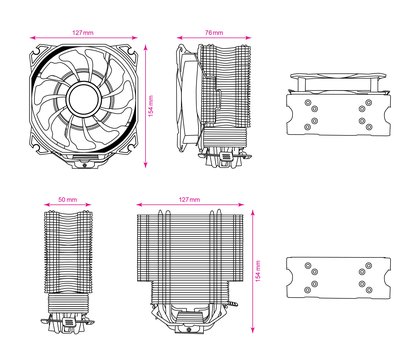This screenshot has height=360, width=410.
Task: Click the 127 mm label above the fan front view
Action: [x=83, y=33]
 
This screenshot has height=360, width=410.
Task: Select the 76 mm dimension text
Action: [x=214, y=33]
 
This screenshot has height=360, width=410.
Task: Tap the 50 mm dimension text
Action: [x=68, y=200]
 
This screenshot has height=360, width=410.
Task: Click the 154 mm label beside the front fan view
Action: [x=151, y=106]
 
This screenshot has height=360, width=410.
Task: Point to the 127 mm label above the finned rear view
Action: [x=190, y=200]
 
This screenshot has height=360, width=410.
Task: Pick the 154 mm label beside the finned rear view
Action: [x=258, y=271]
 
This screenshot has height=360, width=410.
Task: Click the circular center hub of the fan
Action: [x=83, y=99]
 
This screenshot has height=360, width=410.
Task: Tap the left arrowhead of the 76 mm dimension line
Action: [x=179, y=38]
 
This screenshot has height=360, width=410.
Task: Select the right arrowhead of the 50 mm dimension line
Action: [x=88, y=205]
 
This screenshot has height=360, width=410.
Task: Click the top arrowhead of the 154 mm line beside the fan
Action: [x=146, y=47]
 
